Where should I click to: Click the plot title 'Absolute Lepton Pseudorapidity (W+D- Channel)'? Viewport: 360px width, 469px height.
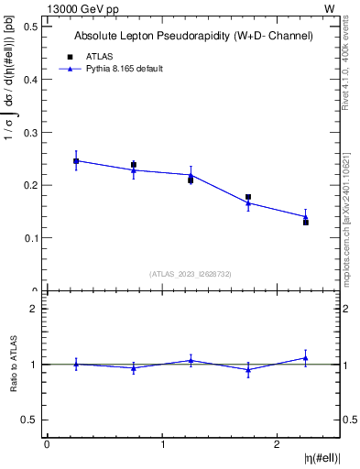coord(193,36)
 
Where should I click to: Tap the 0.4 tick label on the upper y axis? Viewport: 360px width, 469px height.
coord(29,80)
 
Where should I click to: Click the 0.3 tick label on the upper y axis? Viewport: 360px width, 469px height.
coord(29,133)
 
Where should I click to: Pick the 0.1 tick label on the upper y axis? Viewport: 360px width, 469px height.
coord(29,238)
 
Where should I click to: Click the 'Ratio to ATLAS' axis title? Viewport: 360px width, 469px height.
coord(12,365)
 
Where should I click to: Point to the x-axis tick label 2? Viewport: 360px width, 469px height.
coord(277,444)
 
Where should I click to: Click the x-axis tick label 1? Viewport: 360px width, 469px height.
coord(162,444)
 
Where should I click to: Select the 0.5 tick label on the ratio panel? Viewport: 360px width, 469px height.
coord(29,420)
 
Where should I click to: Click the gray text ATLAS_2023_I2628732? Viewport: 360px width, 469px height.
coord(191,273)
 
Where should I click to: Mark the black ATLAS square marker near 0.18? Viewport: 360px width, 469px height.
coord(248,197)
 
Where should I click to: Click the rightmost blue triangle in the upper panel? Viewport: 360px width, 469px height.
coord(306,217)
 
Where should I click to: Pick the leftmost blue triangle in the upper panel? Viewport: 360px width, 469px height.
coord(76,160)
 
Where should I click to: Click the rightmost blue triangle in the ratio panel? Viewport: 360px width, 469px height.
coord(306,358)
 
